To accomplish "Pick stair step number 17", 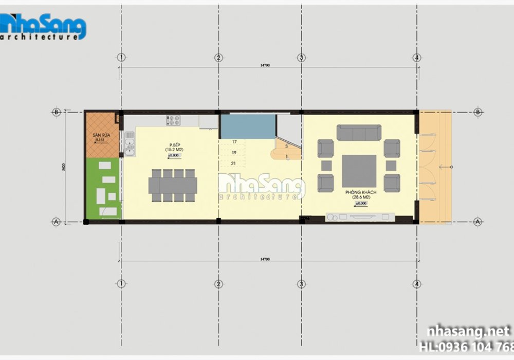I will click(234, 141).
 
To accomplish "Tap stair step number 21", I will click(234, 163).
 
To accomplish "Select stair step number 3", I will click(286, 147).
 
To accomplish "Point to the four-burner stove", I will click(172, 120).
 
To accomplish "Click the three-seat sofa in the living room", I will click(359, 132).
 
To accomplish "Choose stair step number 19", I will click(234, 152).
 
